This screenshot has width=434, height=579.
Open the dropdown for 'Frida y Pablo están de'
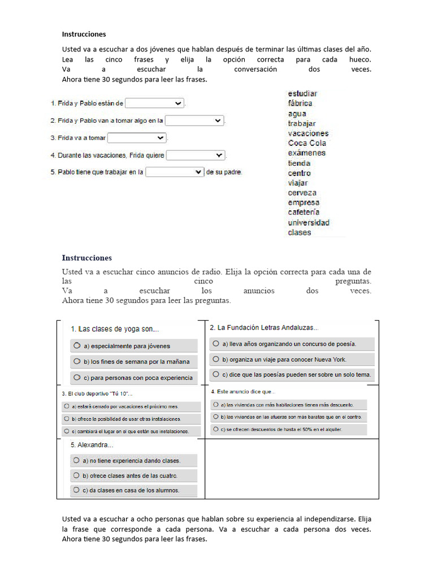tap(154, 103)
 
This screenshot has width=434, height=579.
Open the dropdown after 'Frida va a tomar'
tap(137, 138)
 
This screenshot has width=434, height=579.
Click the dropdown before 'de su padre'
tap(175, 172)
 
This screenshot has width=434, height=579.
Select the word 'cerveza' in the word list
tap(302, 193)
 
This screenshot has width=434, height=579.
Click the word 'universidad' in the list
tap(309, 223)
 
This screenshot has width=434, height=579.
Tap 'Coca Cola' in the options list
tap(307, 143)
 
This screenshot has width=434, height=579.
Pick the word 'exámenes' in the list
tap(306, 153)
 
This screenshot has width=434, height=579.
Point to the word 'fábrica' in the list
tap(300, 103)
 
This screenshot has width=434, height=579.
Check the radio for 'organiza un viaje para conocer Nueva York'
tap(216, 359)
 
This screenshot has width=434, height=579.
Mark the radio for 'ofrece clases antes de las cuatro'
tap(76, 476)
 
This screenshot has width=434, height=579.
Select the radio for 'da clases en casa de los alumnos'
tap(76, 490)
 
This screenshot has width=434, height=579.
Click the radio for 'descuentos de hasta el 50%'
tap(215, 429)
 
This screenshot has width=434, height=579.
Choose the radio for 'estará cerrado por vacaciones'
tap(66, 406)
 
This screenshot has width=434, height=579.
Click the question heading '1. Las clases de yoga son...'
tap(115, 329)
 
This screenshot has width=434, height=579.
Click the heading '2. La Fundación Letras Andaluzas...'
tap(264, 327)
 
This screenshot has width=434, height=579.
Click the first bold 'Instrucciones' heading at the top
tap(84, 34)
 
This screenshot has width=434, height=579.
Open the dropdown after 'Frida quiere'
tap(196, 155)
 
